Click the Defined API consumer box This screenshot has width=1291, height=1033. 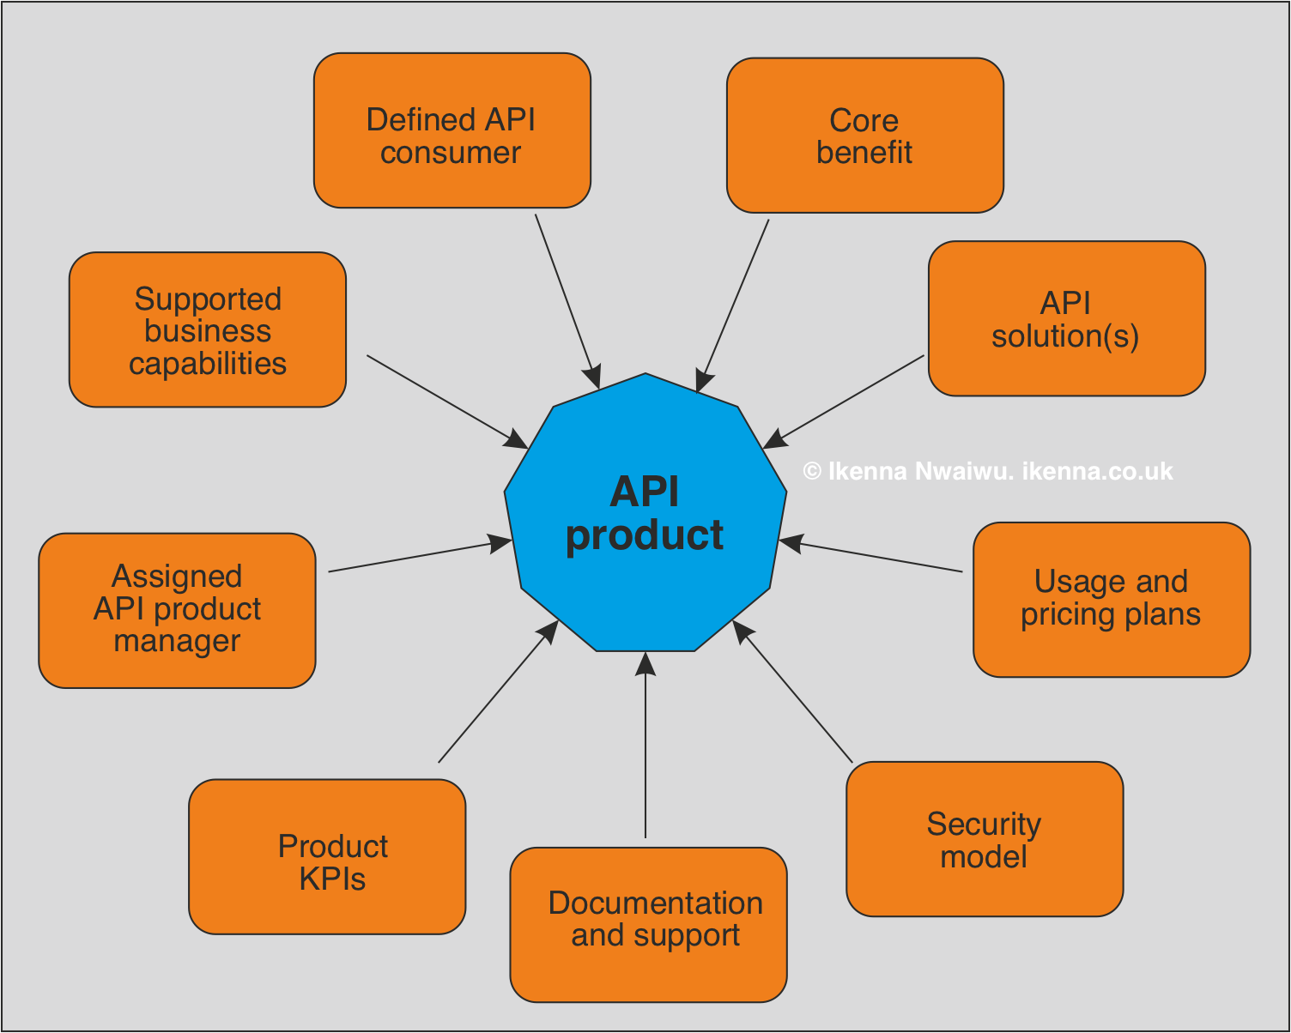[x=452, y=131]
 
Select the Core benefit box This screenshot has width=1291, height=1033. [x=864, y=136]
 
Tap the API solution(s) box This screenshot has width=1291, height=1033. [x=1066, y=318]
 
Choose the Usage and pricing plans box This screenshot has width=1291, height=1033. [x=1111, y=599]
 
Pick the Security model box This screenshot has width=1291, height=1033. [x=984, y=839]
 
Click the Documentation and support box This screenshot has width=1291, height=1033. [x=648, y=924]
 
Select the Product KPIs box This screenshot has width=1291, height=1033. [x=327, y=856]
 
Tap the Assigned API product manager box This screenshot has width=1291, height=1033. [x=177, y=610]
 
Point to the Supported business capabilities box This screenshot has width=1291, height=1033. [x=207, y=329]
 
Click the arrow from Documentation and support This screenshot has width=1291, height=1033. [x=645, y=746]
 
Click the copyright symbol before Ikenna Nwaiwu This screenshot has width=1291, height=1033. [x=812, y=472]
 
